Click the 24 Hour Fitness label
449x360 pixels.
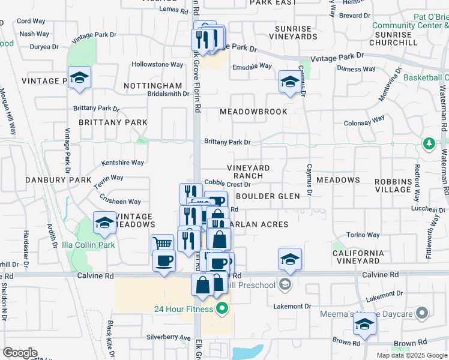pyautogui.click(x=183, y=310)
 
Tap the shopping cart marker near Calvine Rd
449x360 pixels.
pyautogui.click(x=162, y=243)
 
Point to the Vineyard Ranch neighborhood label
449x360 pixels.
pyautogui.click(x=249, y=172)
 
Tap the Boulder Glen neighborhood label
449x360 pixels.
pyautogui.click(x=267, y=196)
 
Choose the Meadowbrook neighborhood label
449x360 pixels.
pyautogui.click(x=253, y=112)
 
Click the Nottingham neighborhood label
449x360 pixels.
pyautogui.click(x=152, y=86)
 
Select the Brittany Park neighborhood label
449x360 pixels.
pyautogui.click(x=113, y=122)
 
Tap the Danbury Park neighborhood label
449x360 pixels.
pyautogui.click(x=58, y=180)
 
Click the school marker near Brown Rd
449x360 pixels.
pyautogui.click(x=364, y=325)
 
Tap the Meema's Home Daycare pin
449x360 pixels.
pyautogui.click(x=423, y=313)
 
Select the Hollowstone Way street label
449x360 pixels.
pyautogui.click(x=157, y=64)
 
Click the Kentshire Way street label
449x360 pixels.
pyautogui.click(x=123, y=163)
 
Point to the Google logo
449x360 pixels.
pyautogui.click(x=20, y=353)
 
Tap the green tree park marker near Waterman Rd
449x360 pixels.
pyautogui.click(x=429, y=144)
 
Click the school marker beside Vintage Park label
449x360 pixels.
pyautogui.click(x=79, y=77)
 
